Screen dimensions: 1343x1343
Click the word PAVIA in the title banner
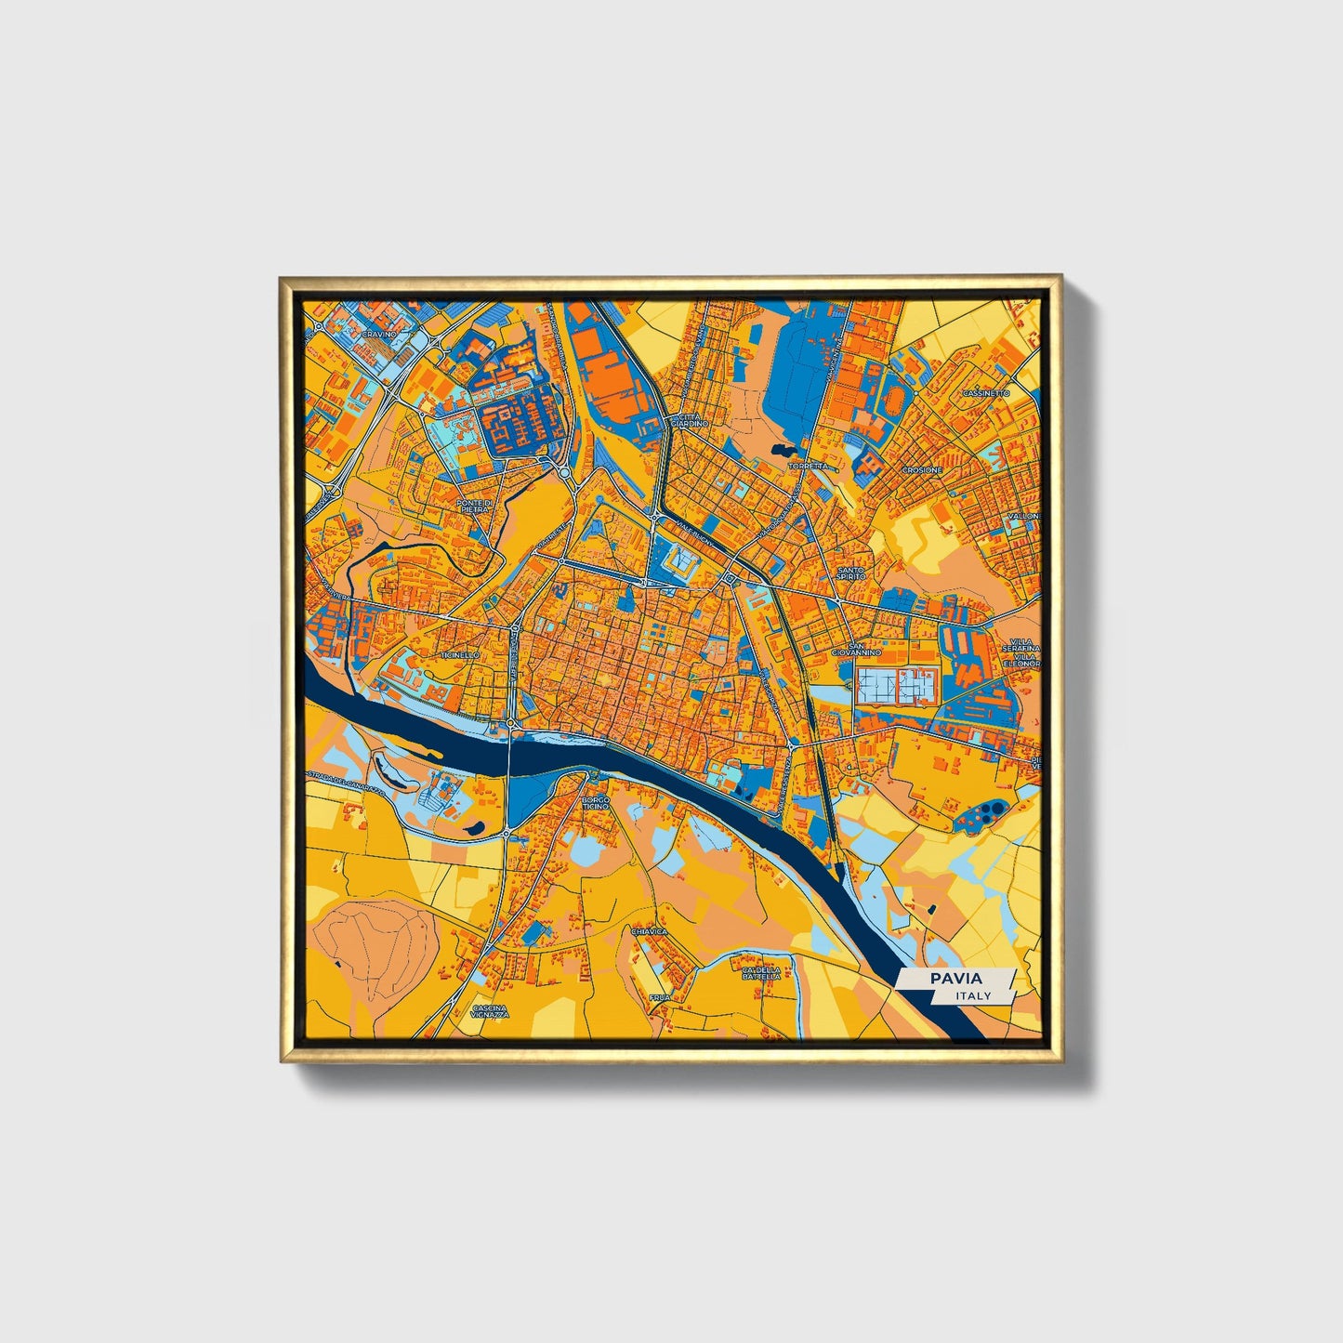[x=955, y=978]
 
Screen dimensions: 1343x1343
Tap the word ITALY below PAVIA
[x=972, y=995]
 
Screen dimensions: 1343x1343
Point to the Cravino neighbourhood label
[x=379, y=333]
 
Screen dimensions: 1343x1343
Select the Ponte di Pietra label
[x=473, y=506]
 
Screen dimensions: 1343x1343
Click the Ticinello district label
[x=460, y=654]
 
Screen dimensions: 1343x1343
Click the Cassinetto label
[x=986, y=393]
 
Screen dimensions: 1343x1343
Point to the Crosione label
[x=922, y=470]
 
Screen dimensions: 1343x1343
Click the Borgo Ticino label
[x=595, y=802]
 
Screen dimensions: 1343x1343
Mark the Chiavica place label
[x=649, y=930]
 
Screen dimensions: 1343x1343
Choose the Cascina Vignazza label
[x=491, y=1011]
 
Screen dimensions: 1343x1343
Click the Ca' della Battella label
[x=761, y=973]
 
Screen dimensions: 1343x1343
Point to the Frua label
[x=659, y=997]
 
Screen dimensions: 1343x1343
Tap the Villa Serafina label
[x=1025, y=643]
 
